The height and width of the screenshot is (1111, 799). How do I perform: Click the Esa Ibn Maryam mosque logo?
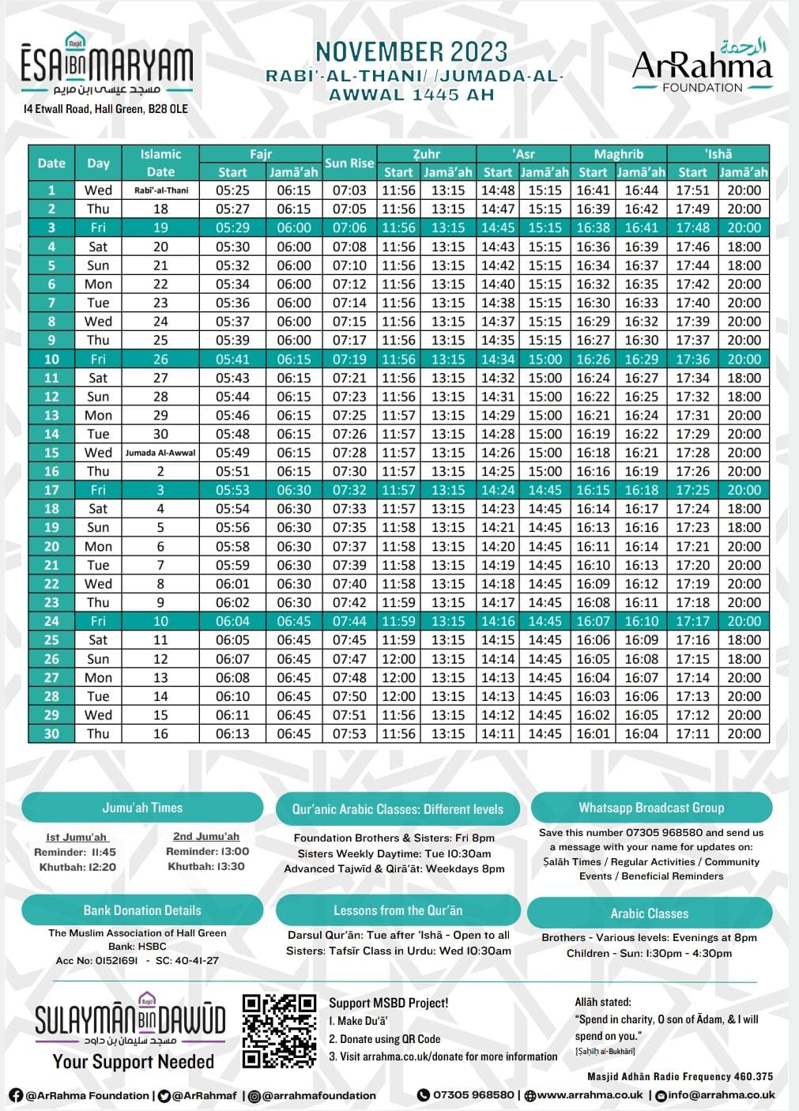[x=107, y=67]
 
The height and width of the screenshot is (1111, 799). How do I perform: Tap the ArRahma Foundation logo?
[x=702, y=67]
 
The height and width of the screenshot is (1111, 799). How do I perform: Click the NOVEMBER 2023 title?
[x=412, y=52]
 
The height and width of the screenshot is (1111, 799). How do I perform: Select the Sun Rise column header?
[x=349, y=163]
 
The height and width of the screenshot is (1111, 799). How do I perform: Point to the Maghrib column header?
[x=618, y=154]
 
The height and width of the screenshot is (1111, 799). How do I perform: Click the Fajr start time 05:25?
[x=232, y=190]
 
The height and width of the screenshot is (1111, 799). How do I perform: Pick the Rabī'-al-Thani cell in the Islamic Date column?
[x=160, y=190]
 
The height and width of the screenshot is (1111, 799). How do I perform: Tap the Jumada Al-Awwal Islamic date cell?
[x=160, y=453]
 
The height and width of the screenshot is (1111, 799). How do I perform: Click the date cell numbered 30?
[x=51, y=733]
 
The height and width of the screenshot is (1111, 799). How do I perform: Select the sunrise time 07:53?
[x=349, y=733]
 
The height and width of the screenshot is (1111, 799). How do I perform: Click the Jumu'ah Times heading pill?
[x=142, y=808]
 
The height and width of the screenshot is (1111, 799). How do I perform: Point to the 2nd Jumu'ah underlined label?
[x=206, y=836]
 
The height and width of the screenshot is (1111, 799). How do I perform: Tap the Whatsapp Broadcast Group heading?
[x=651, y=808]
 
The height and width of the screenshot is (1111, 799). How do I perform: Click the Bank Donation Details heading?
[x=142, y=910]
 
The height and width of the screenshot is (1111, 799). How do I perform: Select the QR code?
[x=279, y=1031]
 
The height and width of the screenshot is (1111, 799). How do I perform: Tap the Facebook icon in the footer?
[x=16, y=1095]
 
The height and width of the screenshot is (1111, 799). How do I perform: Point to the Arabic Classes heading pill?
[x=649, y=913]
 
